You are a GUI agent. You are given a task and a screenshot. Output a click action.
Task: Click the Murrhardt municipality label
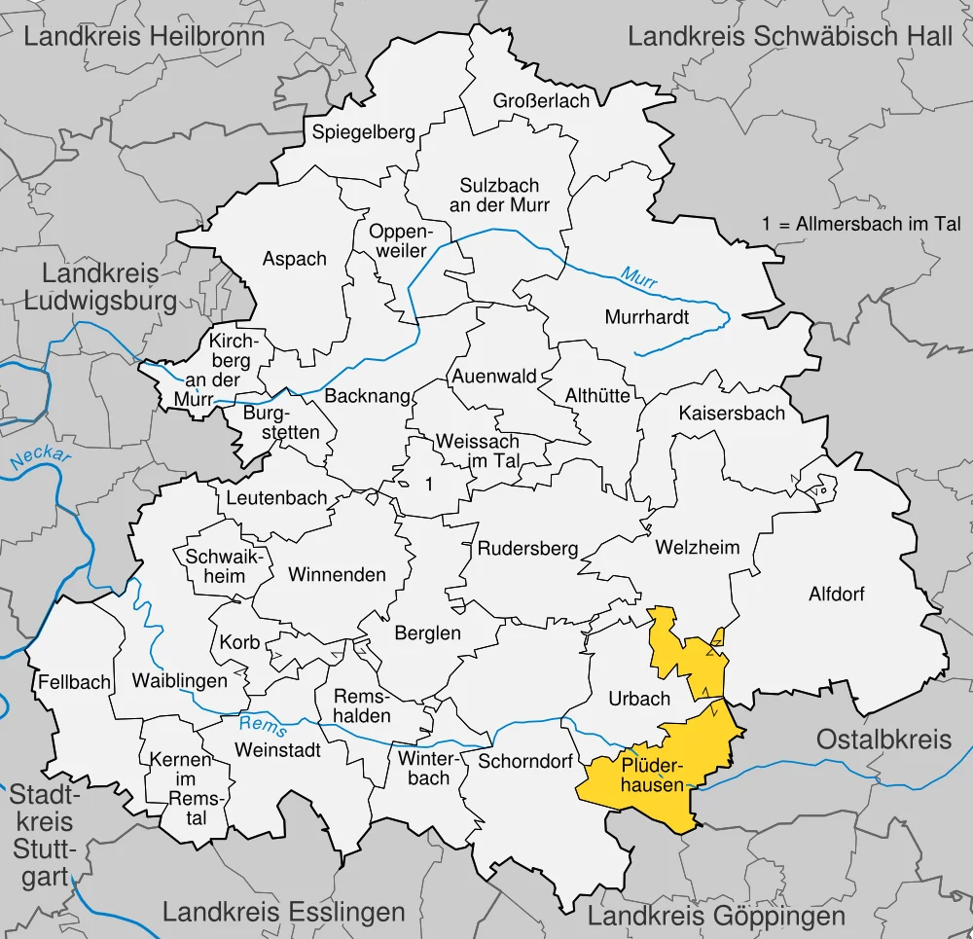(x=646, y=317)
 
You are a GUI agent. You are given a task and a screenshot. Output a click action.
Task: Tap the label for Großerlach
(x=541, y=101)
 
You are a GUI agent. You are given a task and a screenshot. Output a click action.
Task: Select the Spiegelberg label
(x=363, y=132)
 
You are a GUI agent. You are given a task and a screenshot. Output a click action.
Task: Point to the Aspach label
(x=295, y=259)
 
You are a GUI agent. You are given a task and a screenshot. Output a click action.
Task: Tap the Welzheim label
(x=697, y=547)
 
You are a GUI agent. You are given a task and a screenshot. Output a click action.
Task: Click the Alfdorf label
(x=836, y=594)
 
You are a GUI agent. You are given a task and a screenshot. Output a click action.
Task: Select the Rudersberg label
(x=527, y=548)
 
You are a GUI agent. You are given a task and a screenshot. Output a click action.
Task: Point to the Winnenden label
(x=337, y=574)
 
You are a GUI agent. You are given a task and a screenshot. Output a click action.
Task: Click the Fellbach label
(x=75, y=682)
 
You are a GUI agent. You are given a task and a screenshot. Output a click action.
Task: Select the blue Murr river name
(x=640, y=277)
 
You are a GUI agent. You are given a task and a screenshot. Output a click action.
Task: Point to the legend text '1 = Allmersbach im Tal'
(x=861, y=224)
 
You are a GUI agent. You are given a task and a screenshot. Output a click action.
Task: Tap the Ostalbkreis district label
(x=883, y=740)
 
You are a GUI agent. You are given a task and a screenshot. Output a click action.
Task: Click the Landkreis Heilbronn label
(x=144, y=38)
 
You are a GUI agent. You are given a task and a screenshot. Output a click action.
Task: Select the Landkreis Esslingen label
(x=283, y=912)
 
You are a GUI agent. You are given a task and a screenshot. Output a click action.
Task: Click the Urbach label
(x=639, y=699)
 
